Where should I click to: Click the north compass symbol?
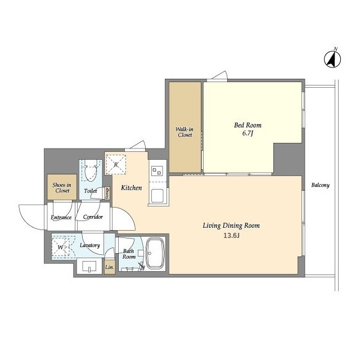coord(332,58)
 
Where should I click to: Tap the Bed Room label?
coord(247,125)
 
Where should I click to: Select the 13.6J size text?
coord(231,236)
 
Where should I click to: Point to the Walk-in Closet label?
coord(185,132)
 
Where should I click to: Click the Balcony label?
coord(320,185)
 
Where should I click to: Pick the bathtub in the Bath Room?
coord(155,253)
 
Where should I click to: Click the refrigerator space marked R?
coord(116,164)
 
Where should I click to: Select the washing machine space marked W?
coord(60,247)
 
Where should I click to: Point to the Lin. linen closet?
coord(110,267)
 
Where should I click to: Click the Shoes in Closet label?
coord(62,187)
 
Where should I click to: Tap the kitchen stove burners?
coord(157,170)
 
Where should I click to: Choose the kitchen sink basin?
coord(157,196)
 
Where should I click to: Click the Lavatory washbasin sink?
coord(89,266)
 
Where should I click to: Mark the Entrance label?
coord(61,218)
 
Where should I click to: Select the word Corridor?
coord(93,217)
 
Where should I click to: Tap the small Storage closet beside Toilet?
coord(107,193)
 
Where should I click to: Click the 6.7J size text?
coord(247,133)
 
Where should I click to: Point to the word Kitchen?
coord(131,188)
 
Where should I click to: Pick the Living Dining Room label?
coord(231,226)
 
